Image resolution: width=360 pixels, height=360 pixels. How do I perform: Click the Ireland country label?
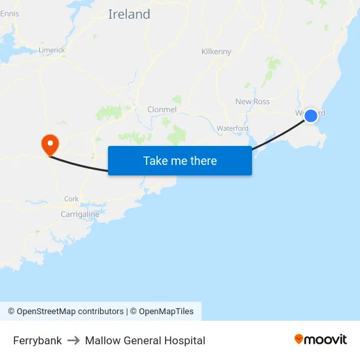tap(129, 14)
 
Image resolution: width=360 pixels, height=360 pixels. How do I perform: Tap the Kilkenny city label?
tap(216, 52)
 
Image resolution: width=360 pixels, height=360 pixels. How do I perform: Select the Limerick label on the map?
tap(52, 50)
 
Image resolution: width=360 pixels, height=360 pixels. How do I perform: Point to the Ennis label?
tap(10, 14)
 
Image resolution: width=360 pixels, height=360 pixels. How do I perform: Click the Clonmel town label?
tap(162, 109)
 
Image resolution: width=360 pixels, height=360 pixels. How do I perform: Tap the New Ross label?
tap(252, 101)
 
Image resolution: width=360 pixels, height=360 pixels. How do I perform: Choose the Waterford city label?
tap(232, 128)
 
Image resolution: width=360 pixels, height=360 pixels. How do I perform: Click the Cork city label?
tap(71, 199)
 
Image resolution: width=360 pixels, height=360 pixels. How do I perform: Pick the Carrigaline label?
tap(80, 214)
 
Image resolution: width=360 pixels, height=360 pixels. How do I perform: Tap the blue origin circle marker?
tap(311, 116)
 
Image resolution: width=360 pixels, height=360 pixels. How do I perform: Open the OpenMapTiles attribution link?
tap(166, 312)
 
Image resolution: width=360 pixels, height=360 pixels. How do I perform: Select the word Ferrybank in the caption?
tap(37, 340)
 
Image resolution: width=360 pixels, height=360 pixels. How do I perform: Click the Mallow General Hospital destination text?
tap(145, 340)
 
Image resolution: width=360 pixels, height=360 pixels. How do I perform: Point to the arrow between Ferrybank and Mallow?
tap(73, 340)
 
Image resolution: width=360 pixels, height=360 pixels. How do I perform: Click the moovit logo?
tap(321, 339)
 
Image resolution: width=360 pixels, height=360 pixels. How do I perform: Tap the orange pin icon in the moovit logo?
tap(299, 339)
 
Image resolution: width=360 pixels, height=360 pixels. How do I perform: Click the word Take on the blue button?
tap(156, 161)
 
